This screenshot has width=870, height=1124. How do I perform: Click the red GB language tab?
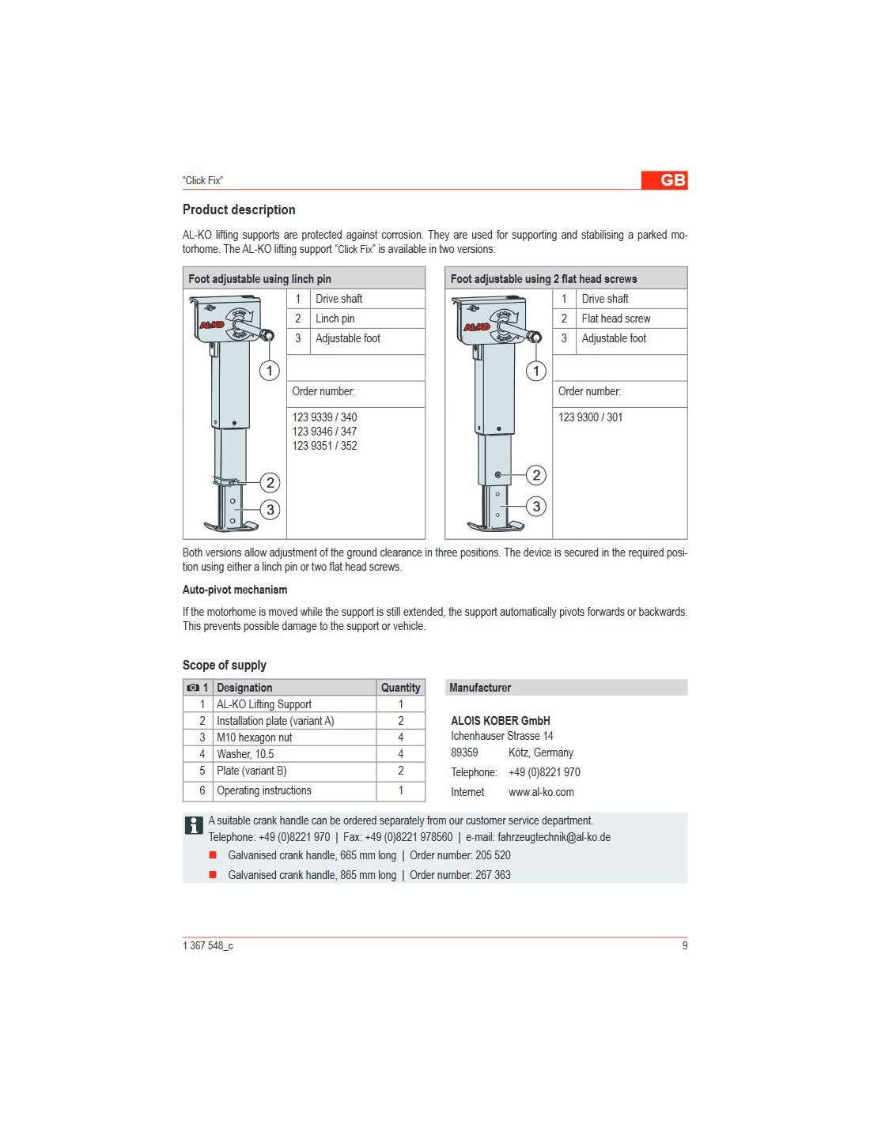tap(664, 180)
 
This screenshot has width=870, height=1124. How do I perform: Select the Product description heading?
tap(239, 209)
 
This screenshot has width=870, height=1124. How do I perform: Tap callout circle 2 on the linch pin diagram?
tap(270, 482)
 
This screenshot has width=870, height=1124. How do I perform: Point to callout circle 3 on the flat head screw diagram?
tap(536, 507)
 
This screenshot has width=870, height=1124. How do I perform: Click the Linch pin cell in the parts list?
tap(335, 319)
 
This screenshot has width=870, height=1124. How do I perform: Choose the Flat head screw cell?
tap(615, 319)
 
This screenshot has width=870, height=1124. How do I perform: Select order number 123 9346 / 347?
tap(324, 432)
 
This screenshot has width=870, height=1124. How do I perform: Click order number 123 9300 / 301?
tap(590, 417)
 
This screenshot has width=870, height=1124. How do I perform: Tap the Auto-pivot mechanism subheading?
tap(235, 590)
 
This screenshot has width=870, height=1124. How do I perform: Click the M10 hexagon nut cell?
tap(254, 737)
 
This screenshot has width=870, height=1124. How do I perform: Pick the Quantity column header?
tap(400, 688)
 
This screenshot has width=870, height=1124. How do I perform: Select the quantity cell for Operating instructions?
tap(400, 790)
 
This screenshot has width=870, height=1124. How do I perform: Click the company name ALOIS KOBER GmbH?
tap(500, 721)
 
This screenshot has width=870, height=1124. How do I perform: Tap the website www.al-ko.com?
tap(541, 792)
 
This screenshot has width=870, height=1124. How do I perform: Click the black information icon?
tap(194, 825)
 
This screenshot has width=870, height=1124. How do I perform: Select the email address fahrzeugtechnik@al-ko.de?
tap(554, 837)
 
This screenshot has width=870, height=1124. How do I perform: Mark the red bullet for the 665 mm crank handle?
tap(213, 855)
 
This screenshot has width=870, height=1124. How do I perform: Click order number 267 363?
tap(493, 875)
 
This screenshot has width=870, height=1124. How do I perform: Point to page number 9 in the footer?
tap(685, 945)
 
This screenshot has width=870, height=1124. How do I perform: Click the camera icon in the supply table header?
tap(193, 688)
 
